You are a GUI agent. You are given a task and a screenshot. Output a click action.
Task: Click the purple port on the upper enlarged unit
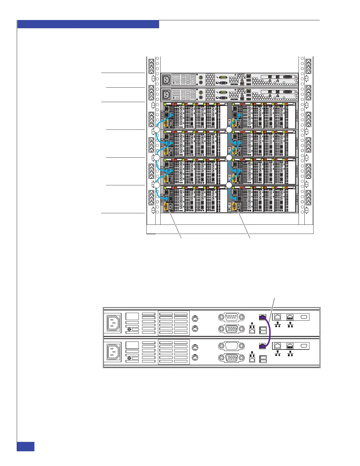[263, 317]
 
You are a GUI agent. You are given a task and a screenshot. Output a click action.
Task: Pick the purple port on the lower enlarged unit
[263, 346]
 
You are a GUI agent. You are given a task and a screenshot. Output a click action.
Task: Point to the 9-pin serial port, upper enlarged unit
[231, 317]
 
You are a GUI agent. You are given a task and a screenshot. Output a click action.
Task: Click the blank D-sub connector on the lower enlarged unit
[231, 346]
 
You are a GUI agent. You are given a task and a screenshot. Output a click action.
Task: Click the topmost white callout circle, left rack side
[157, 130]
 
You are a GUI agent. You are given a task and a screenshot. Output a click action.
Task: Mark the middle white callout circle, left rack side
[157, 158]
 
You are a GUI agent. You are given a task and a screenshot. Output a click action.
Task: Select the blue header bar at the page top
[88, 24]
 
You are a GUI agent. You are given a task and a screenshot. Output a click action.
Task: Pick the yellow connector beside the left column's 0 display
[166, 207]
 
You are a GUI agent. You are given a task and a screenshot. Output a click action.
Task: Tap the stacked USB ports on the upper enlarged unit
[263, 331]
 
